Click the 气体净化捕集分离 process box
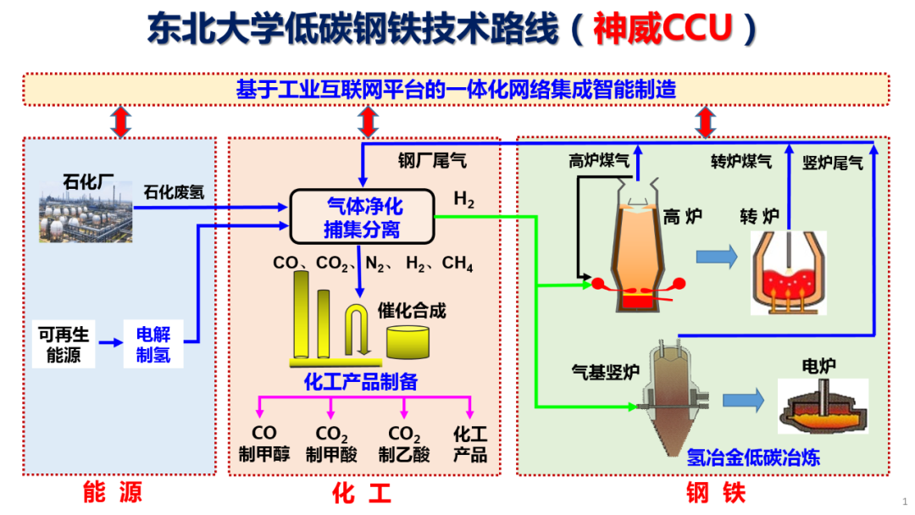pos(363,217)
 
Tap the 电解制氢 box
pos(153,344)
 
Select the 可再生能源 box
pos(63,344)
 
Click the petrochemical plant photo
pos(86,215)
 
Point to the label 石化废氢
pos(174,192)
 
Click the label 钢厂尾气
pos(432,160)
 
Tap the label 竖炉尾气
pos(833,162)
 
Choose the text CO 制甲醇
pos(264,445)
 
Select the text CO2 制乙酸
pos(404,445)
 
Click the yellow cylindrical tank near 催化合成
pos(410,340)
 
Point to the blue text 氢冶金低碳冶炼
pos(753,458)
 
